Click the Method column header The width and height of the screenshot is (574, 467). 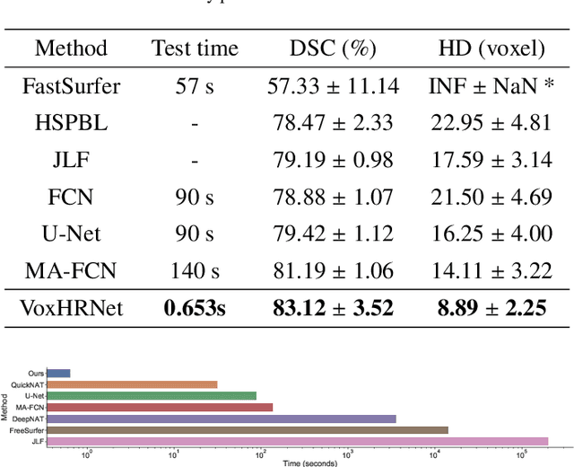pos(71,48)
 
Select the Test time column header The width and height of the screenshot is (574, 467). pos(195,48)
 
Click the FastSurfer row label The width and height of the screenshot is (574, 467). pos(71,86)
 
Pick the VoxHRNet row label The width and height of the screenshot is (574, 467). pos(71,309)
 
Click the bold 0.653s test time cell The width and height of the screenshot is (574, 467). pos(195,309)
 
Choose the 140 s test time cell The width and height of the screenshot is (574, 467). pos(195,270)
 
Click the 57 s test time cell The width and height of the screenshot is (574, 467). pos(195,86)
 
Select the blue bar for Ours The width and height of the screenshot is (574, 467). pos(58,373)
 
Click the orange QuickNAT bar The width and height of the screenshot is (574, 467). pos(132,384)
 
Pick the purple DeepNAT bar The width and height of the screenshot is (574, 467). pos(221,419)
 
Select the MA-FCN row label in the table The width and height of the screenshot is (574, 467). pos(71,270)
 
